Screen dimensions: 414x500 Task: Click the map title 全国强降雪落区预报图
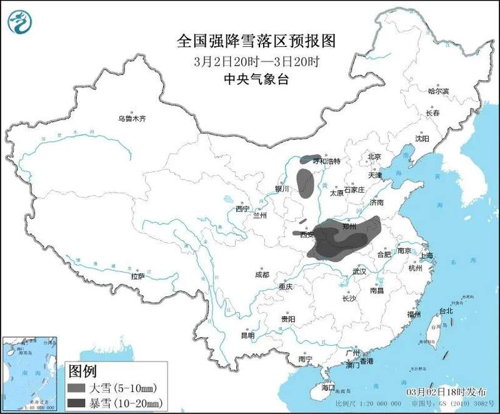point(257,42)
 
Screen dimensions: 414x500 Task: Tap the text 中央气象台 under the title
point(257,79)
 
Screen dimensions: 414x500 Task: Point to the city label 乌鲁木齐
point(132,118)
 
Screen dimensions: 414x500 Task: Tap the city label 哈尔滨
point(438,91)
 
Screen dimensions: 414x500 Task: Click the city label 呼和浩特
point(328,161)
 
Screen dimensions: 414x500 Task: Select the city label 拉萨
point(137,276)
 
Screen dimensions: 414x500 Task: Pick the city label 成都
point(262,275)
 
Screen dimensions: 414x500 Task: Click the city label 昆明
point(247,336)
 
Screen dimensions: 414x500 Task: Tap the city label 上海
point(427,256)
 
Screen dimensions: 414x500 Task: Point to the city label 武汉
point(359,271)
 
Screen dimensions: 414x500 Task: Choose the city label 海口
point(328,388)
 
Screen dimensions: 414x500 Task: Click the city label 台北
point(446,311)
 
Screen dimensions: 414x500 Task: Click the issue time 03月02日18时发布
point(446,391)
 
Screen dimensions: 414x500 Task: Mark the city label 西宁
point(242,210)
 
